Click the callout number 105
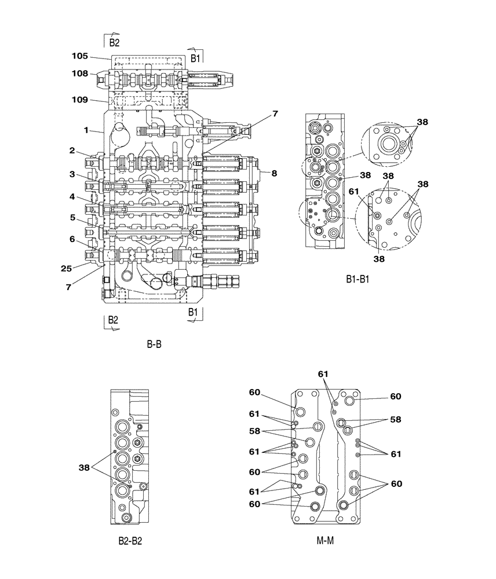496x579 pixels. click(80, 56)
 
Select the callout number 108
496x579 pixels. click(80, 74)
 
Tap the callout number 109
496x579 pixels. click(80, 100)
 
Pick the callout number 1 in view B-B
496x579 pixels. click(85, 130)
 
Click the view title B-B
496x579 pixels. click(154, 345)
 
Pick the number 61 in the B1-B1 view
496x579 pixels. click(353, 192)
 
